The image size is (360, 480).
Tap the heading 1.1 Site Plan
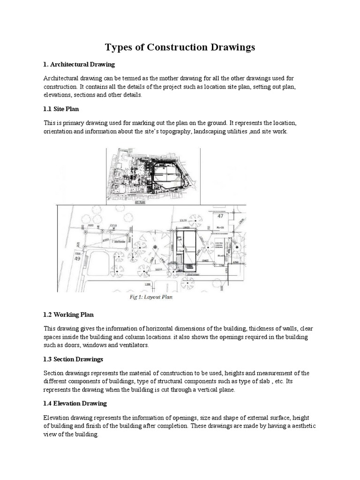coord(61,109)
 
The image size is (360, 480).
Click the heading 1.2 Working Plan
coord(69,315)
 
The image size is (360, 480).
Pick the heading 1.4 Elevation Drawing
coord(75,403)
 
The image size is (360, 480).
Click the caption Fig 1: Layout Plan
coord(151,297)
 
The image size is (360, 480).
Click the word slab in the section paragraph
coord(260,382)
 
